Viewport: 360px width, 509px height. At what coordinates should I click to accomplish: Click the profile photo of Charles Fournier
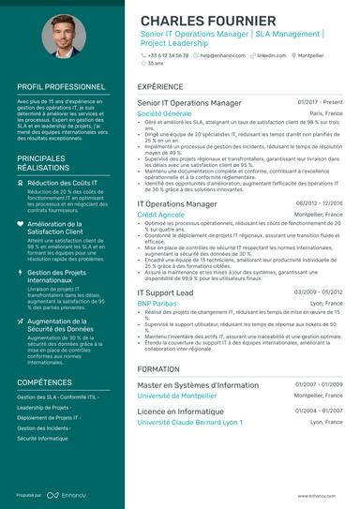(x=64, y=35)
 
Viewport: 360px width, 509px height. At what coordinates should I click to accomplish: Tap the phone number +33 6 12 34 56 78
(x=168, y=55)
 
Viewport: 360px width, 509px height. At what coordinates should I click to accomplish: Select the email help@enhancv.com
(x=224, y=55)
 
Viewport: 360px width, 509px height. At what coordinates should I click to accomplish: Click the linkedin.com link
(x=272, y=55)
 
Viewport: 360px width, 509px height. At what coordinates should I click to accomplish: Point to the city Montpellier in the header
(x=317, y=55)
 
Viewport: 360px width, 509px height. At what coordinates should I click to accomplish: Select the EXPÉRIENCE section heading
(x=160, y=86)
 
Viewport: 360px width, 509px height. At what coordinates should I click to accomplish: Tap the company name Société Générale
(x=164, y=112)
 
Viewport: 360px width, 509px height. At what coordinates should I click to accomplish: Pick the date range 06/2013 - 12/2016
(x=319, y=202)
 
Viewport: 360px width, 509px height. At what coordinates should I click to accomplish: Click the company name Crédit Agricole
(x=160, y=214)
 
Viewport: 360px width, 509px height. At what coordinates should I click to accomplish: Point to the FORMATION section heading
(x=158, y=369)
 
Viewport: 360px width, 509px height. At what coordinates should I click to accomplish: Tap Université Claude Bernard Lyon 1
(x=189, y=422)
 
